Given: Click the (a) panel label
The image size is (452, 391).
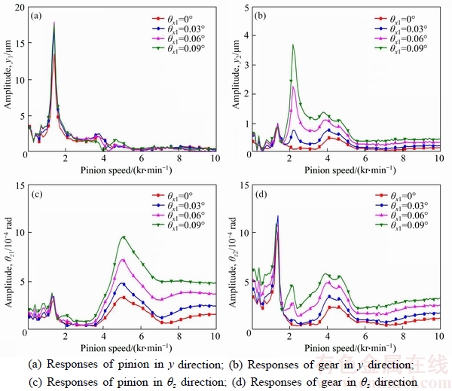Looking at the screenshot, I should click(36, 15).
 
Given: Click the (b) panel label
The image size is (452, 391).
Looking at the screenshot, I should click(261, 15).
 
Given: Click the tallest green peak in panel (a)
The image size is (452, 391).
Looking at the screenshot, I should click(54, 23).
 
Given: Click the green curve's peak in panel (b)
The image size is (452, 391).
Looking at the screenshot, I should click(292, 44).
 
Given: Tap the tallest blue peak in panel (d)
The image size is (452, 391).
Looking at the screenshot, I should click(278, 217).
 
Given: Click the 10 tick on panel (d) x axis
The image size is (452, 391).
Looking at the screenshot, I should click(440, 336).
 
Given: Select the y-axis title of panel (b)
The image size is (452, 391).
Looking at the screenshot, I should click(232, 79).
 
